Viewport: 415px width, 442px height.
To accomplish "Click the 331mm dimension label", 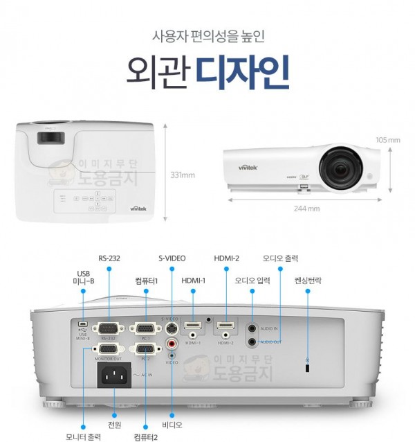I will click(182, 175).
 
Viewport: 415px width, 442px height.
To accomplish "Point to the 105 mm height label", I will click(389, 140).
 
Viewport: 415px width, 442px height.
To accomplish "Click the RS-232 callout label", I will click(109, 258).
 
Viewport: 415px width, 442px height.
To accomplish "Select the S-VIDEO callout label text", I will click(172, 258).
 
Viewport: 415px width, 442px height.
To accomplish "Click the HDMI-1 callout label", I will click(194, 281).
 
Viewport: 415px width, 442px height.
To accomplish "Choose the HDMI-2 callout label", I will click(226, 258).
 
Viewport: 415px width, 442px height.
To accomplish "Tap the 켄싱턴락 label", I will click(308, 281).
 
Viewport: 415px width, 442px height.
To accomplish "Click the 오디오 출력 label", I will click(280, 258).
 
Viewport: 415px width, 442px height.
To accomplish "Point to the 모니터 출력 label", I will click(83, 436).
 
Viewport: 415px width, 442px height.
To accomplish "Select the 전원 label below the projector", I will click(115, 425).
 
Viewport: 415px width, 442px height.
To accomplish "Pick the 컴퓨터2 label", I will click(146, 436).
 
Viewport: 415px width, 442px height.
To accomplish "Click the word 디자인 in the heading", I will click(241, 71).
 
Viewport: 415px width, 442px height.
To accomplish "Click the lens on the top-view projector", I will click(48, 136).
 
